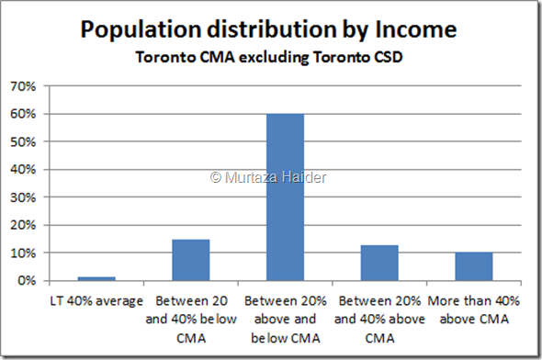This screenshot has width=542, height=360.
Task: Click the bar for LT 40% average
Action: pos(96,277)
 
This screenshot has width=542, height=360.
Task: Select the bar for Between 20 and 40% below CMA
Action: pos(191,259)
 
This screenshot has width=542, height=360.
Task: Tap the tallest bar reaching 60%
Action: pos(285,197)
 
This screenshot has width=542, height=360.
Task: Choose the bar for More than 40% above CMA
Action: pos(474,265)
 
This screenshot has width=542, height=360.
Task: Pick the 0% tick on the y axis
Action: pos(38,280)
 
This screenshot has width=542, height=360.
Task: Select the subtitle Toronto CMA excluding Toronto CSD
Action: pos(271,58)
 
